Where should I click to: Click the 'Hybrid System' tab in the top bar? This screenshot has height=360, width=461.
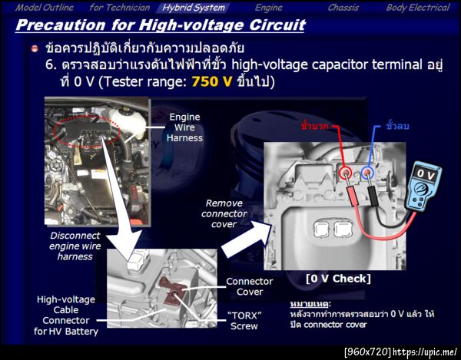coord(193,8)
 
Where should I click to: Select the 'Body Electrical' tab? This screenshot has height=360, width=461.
coord(418,8)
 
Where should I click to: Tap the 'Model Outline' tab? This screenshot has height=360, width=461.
coord(45,8)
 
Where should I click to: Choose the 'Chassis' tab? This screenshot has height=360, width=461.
coord(343,8)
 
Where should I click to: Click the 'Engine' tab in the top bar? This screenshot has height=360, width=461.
coord(268,8)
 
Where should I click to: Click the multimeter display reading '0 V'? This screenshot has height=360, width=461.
coord(425,175)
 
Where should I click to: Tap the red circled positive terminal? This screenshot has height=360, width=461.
coord(345,172)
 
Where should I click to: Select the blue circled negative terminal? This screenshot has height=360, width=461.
coord(366,172)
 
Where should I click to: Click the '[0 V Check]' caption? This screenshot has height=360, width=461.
coord(338,279)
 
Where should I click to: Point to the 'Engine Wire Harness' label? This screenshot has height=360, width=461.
coord(184,127)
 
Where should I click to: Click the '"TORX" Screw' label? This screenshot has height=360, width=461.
coord(244,321)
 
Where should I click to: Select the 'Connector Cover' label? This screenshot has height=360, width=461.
coord(249,286)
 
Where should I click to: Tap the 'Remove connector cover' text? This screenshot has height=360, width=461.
coord(224,213)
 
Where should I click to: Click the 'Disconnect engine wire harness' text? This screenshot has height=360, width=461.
coord(75,246)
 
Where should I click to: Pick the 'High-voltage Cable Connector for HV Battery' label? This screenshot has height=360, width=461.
coord(66,315)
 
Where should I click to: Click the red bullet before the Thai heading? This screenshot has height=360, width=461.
coord(35,48)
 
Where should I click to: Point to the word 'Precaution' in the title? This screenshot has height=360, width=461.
coord(61,25)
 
